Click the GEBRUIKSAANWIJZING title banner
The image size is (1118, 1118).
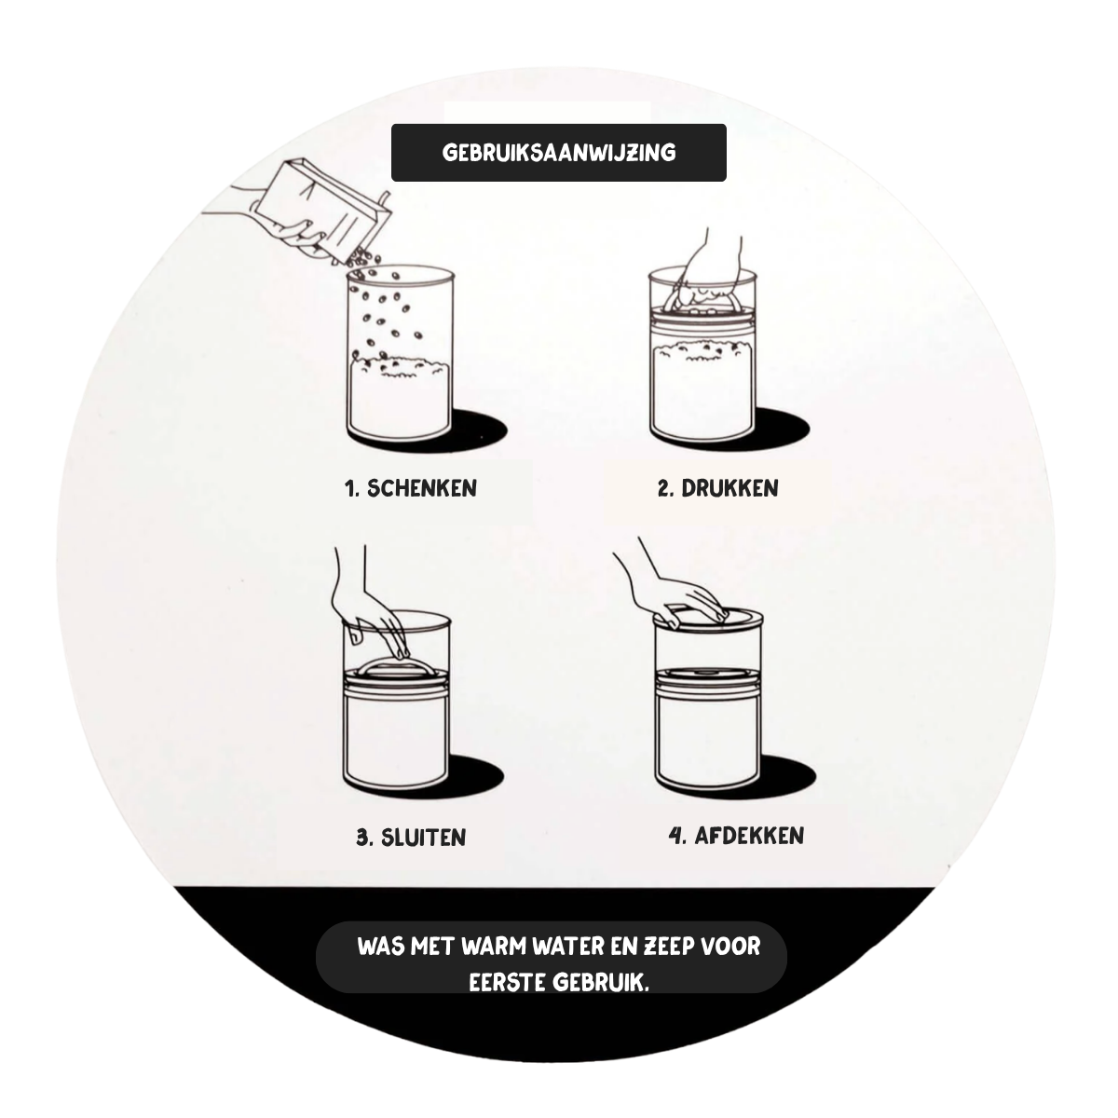click(559, 153)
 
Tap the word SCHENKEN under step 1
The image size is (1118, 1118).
click(422, 488)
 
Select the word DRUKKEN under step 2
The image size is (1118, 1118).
click(729, 488)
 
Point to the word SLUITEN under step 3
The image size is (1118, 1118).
click(423, 838)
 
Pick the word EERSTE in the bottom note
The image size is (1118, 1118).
click(507, 983)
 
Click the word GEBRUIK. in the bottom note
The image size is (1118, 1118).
click(601, 983)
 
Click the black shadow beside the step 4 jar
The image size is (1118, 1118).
click(788, 773)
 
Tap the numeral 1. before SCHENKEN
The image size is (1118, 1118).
click(352, 488)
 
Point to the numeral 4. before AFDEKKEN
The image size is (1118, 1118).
click(678, 836)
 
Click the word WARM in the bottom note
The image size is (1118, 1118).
click(494, 947)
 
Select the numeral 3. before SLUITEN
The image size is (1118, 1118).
click(365, 838)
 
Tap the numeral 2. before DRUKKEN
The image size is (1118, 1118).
click(666, 488)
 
